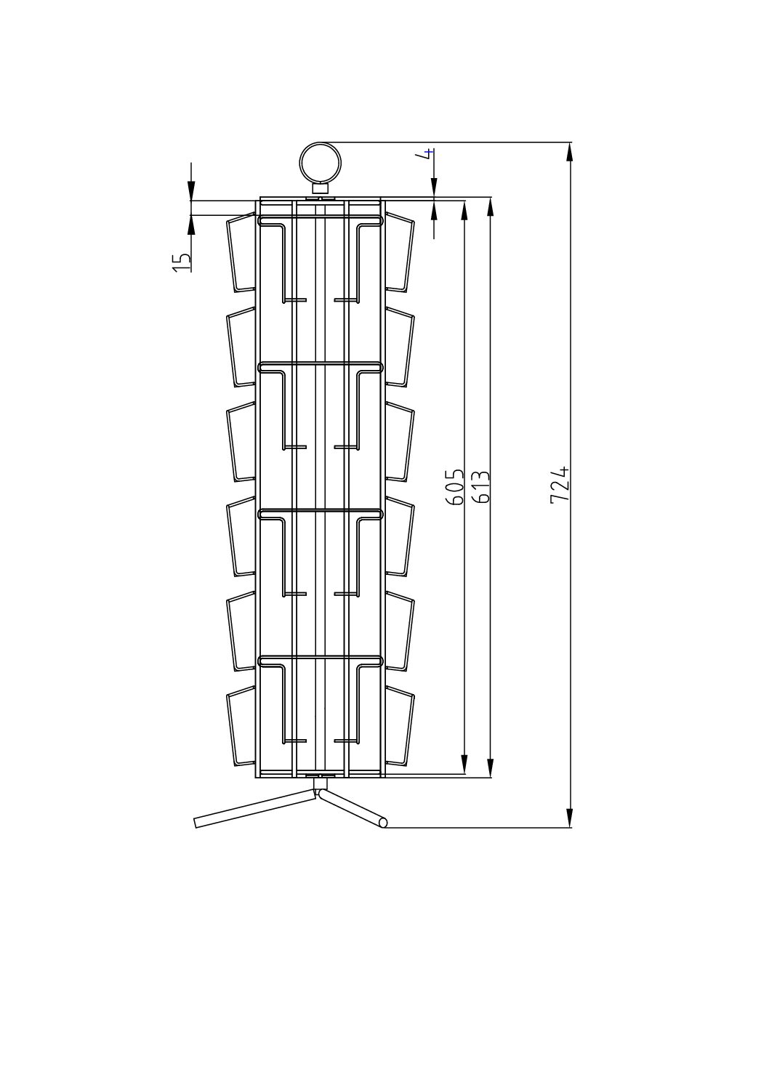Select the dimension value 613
480,488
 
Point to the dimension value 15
181,262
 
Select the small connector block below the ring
320,188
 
